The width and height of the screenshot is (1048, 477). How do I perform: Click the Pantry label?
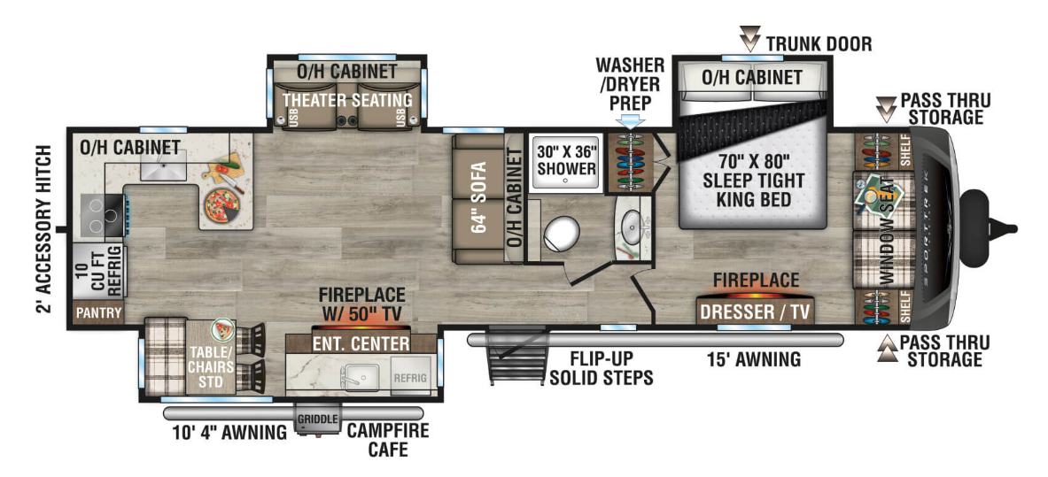(x=99, y=313)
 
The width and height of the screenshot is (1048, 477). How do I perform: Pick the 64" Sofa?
(x=477, y=198)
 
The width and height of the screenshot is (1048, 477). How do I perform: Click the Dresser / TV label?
(x=756, y=312)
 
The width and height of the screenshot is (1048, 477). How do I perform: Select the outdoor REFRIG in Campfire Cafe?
(x=409, y=378)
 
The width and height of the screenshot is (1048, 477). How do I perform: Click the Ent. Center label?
(x=361, y=344)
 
